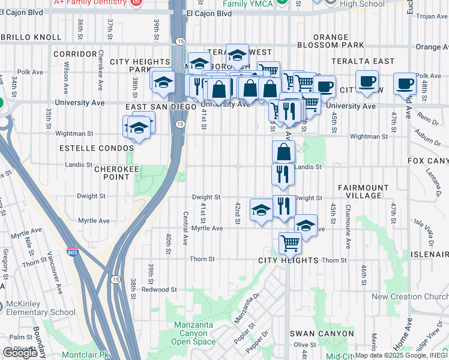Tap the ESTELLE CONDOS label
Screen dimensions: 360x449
[x=97, y=148]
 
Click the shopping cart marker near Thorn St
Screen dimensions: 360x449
[x=290, y=243]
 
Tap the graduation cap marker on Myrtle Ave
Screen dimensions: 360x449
[x=306, y=226]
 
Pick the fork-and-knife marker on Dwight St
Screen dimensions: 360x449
[x=283, y=205]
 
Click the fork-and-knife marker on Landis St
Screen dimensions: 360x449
[x=282, y=174]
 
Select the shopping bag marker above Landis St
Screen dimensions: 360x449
[x=283, y=151]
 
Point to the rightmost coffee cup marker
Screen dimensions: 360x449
[x=405, y=83]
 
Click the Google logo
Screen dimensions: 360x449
[x=20, y=353]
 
